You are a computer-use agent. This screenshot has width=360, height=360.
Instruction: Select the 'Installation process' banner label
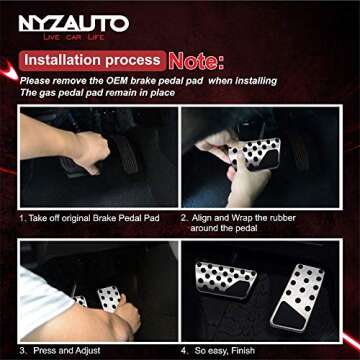pos(93,59)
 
